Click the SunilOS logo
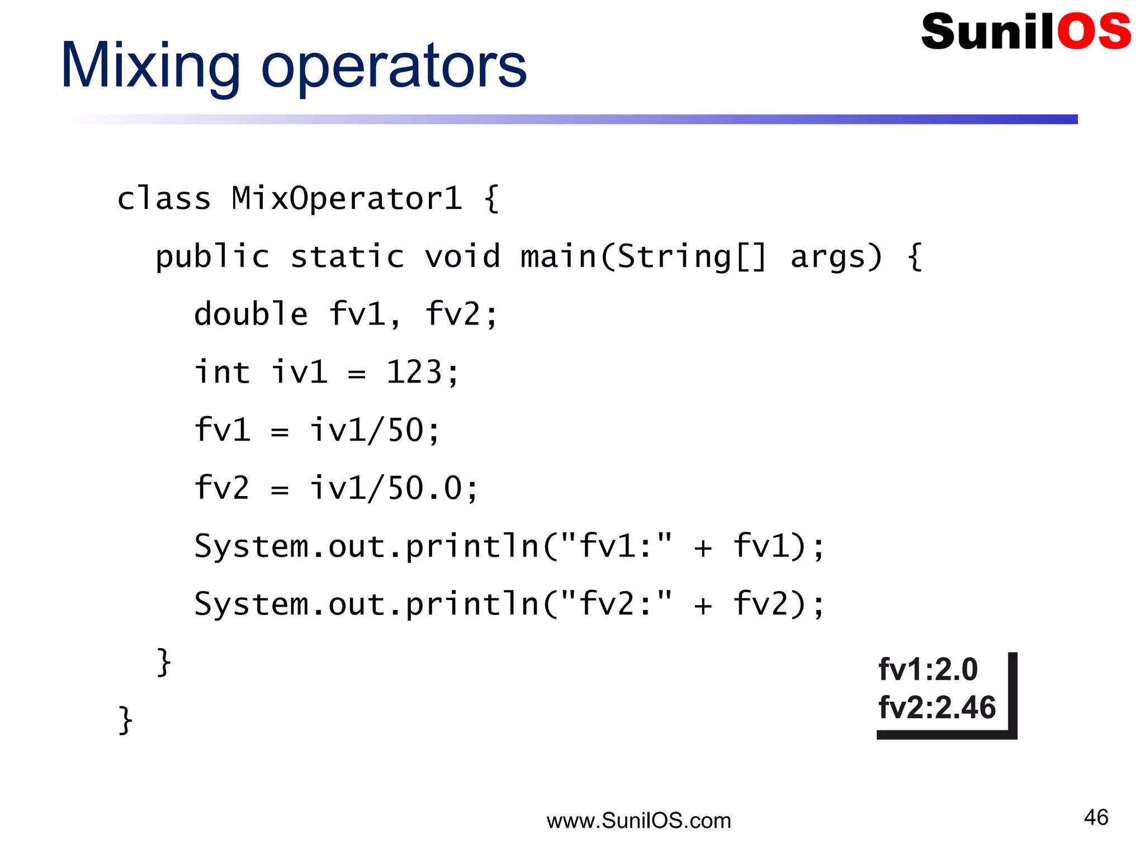click(x=1026, y=32)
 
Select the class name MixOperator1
click(x=347, y=198)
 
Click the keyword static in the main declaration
click(x=347, y=257)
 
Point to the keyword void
click(x=462, y=257)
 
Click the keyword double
click(x=250, y=314)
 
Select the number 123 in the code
click(x=414, y=372)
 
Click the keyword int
click(x=221, y=372)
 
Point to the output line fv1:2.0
click(x=928, y=669)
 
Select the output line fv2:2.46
click(x=937, y=707)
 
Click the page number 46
click(x=1096, y=817)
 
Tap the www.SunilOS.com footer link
click(x=638, y=821)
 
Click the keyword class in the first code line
click(x=164, y=198)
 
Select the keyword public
click(x=212, y=257)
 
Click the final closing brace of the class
click(x=125, y=720)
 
